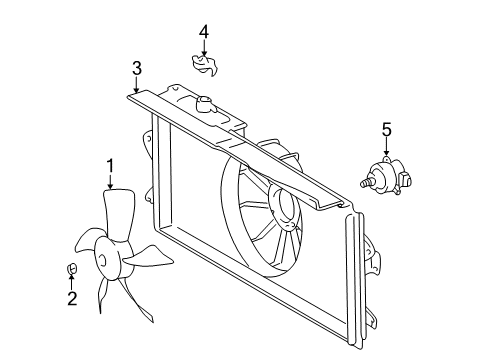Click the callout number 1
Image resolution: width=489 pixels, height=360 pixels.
(111, 164)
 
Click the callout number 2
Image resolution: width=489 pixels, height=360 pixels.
(71, 298)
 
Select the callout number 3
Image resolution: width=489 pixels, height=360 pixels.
(137, 68)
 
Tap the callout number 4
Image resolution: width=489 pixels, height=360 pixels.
(204, 33)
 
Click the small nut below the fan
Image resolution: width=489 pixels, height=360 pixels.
(71, 267)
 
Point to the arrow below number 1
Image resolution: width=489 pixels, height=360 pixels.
(111, 180)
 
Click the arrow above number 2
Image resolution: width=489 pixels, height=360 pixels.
(71, 282)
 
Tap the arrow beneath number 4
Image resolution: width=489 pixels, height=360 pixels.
(204, 49)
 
